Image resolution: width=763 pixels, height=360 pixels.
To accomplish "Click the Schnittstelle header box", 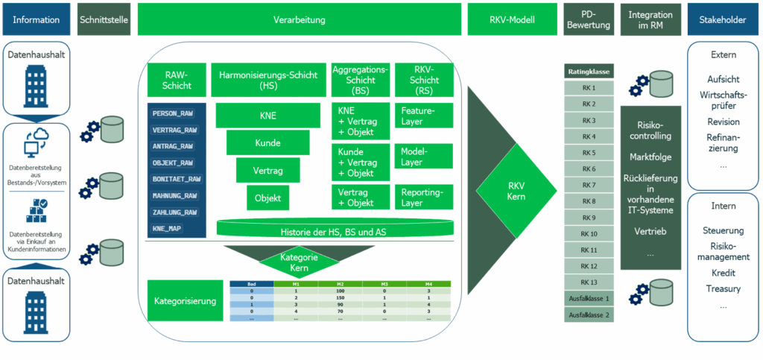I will click(104, 19).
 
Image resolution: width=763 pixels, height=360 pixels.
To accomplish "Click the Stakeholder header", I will click(722, 19).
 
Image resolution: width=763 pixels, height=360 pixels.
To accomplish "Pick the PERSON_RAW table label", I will click(174, 113).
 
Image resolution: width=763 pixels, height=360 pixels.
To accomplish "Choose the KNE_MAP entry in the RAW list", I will click(168, 229).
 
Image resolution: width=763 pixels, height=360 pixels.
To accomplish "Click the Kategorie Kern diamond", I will click(298, 262).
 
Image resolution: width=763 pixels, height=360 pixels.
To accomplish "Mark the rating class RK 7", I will click(588, 184).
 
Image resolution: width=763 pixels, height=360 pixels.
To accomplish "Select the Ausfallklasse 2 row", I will click(588, 315).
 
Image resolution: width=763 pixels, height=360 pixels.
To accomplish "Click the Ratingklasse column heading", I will click(588, 72).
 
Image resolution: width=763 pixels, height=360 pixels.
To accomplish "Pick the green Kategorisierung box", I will click(186, 302).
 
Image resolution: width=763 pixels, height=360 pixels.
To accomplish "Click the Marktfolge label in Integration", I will click(650, 157).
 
